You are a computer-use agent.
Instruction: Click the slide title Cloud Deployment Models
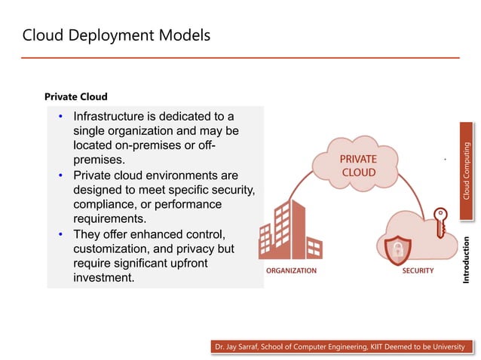click(116, 35)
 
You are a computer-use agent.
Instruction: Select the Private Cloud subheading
click(75, 96)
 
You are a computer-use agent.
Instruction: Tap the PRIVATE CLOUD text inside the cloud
click(358, 166)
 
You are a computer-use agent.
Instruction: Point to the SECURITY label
click(418, 270)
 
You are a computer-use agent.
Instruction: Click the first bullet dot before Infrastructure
click(61, 117)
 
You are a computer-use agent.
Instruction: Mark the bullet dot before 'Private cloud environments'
click(61, 175)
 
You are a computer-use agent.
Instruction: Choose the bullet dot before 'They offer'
click(61, 234)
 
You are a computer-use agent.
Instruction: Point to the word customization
click(111, 249)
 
